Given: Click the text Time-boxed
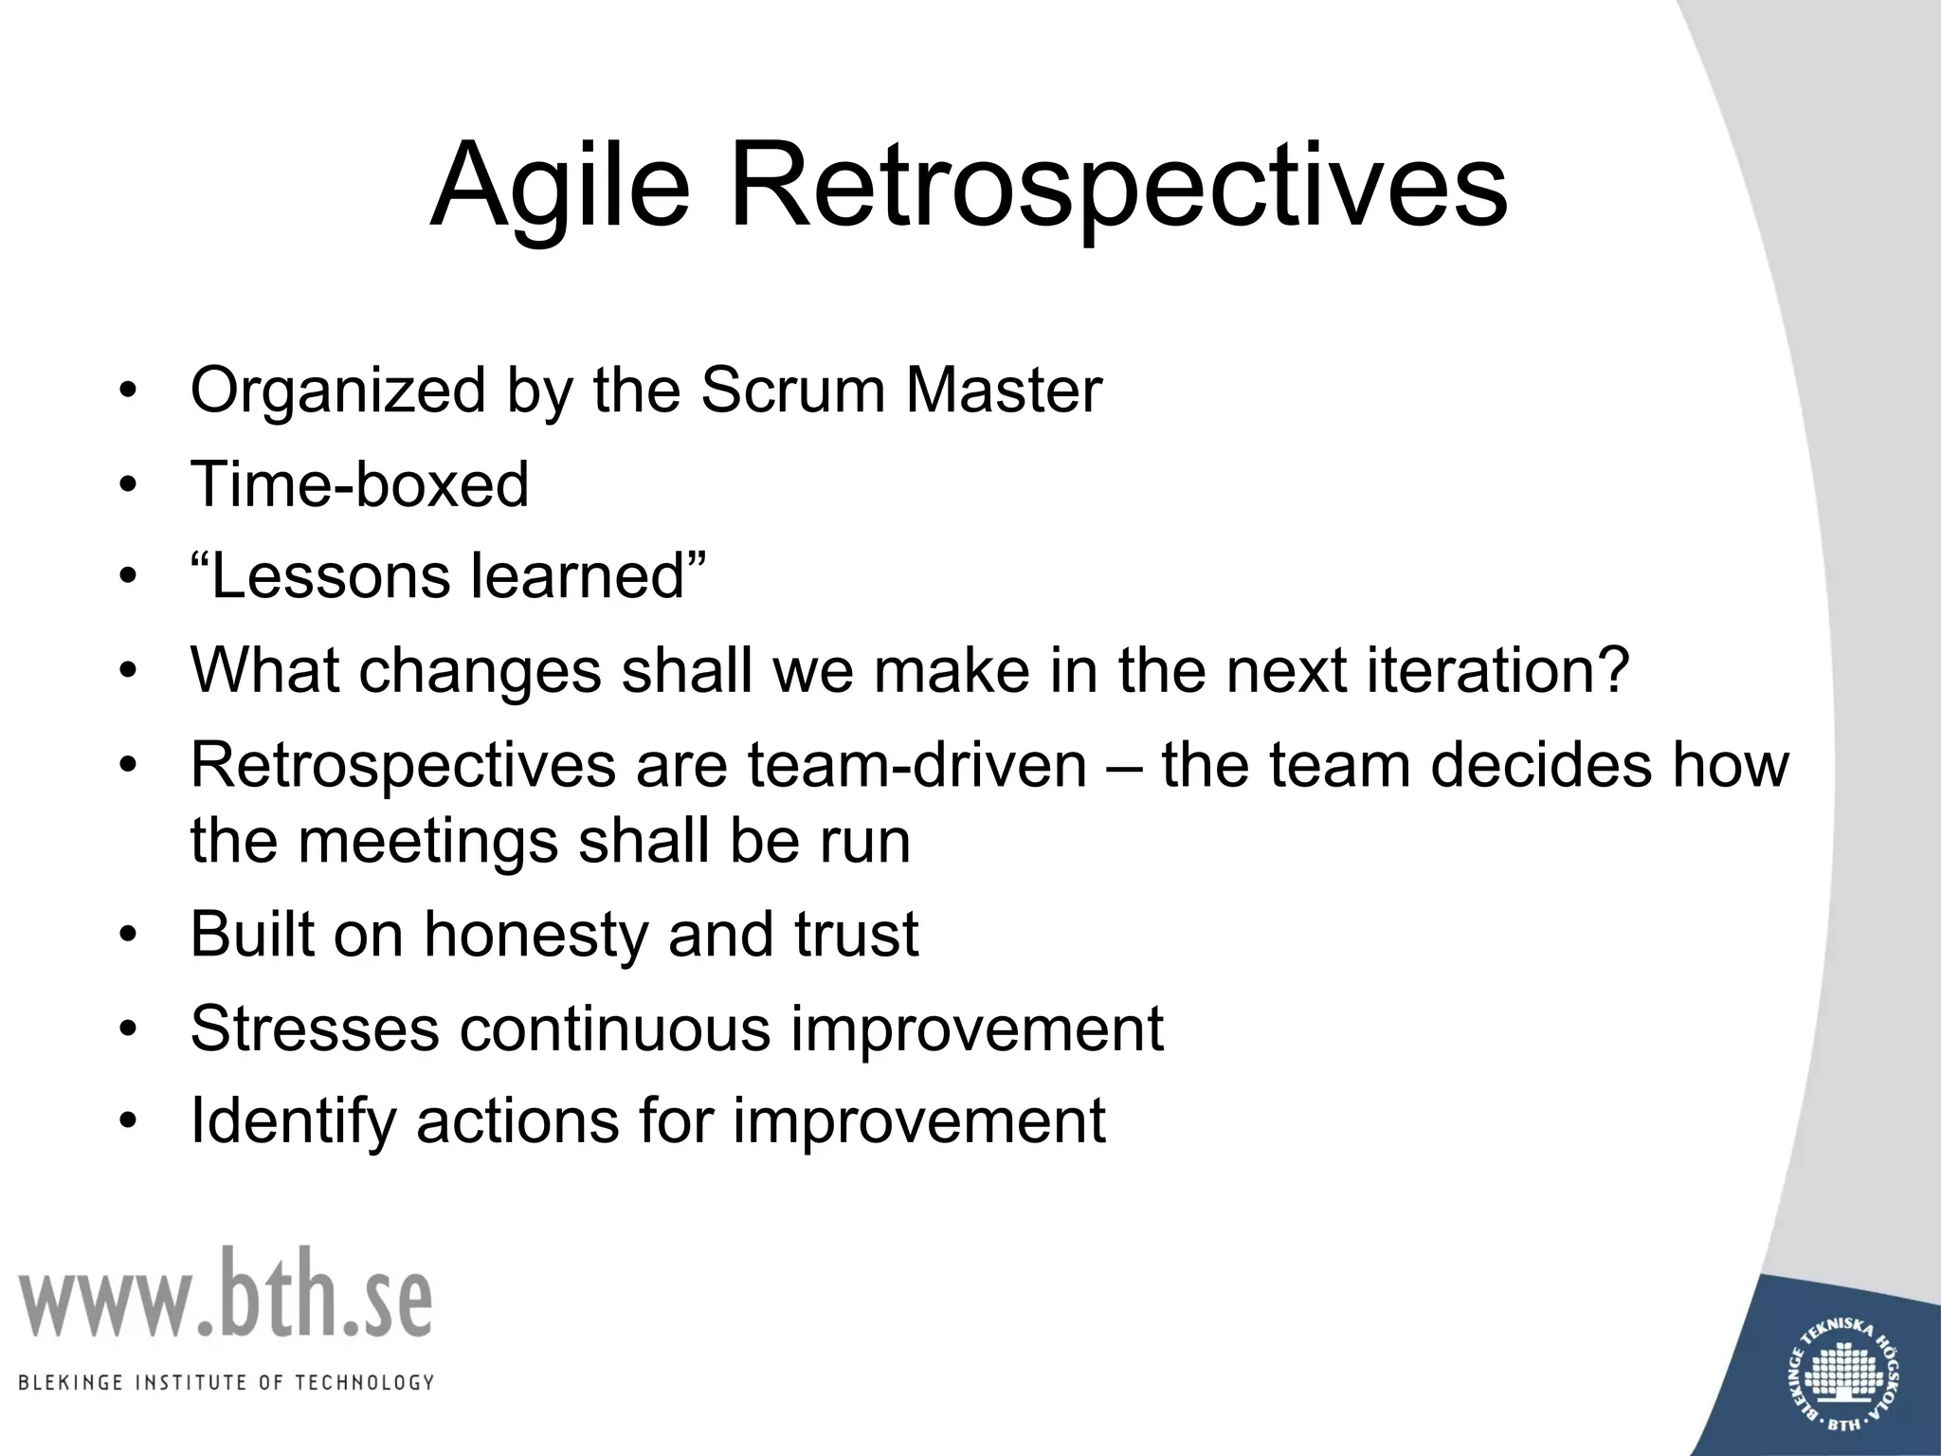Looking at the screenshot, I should click(x=359, y=484).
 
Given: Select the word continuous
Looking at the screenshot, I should click(x=615, y=1028).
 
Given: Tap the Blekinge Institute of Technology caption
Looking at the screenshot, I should click(x=227, y=1382).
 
